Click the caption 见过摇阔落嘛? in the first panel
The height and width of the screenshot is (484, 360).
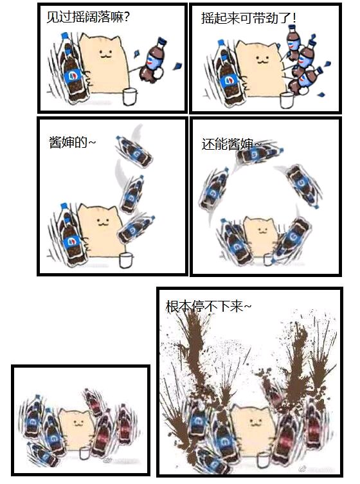coord(87,17)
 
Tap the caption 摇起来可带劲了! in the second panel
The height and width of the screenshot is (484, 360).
coord(249,17)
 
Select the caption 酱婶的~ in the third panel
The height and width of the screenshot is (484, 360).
coord(72,142)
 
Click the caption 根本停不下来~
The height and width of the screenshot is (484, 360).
coord(208,306)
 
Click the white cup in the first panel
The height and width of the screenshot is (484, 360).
coord(130,96)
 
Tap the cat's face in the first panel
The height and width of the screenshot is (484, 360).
coord(105,55)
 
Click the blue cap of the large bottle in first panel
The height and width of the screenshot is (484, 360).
coord(65,37)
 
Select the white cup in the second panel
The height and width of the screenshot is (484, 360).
coord(287,100)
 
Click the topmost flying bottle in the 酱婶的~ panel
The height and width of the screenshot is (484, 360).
coord(134,151)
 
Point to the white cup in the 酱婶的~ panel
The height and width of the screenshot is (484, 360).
coord(126,260)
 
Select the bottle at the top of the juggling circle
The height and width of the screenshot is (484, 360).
coord(258,154)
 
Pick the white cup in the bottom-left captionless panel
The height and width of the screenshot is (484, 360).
coord(84,453)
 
